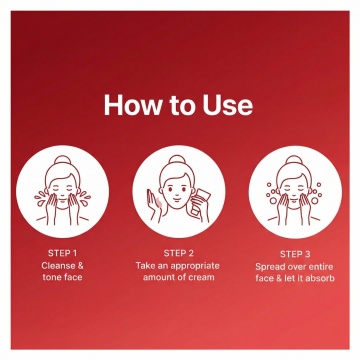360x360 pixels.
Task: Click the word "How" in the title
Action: (132, 105)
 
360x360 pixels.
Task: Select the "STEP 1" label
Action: (62, 253)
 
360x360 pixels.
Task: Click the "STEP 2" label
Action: (179, 253)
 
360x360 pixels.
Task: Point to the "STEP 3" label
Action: (295, 254)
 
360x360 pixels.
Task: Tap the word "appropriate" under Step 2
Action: (195, 266)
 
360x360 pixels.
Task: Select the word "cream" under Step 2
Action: (201, 277)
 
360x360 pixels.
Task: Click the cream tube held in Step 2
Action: (199, 202)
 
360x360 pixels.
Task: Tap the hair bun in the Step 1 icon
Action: (62, 159)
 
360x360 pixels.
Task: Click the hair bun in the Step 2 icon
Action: (177, 159)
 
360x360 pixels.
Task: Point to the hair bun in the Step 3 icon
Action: (294, 160)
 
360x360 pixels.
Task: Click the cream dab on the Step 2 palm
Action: (159, 202)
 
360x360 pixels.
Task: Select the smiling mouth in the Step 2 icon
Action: (177, 198)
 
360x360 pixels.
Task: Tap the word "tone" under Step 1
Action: (51, 277)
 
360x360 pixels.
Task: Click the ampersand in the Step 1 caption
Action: (80, 266)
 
